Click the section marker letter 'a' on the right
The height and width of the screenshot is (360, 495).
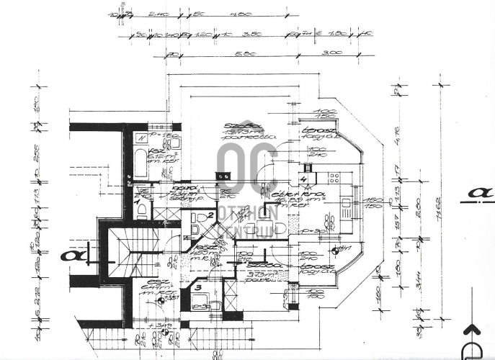(x=479, y=193)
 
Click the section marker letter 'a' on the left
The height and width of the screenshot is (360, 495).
(x=72, y=255)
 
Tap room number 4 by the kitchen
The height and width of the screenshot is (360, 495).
(x=304, y=179)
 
